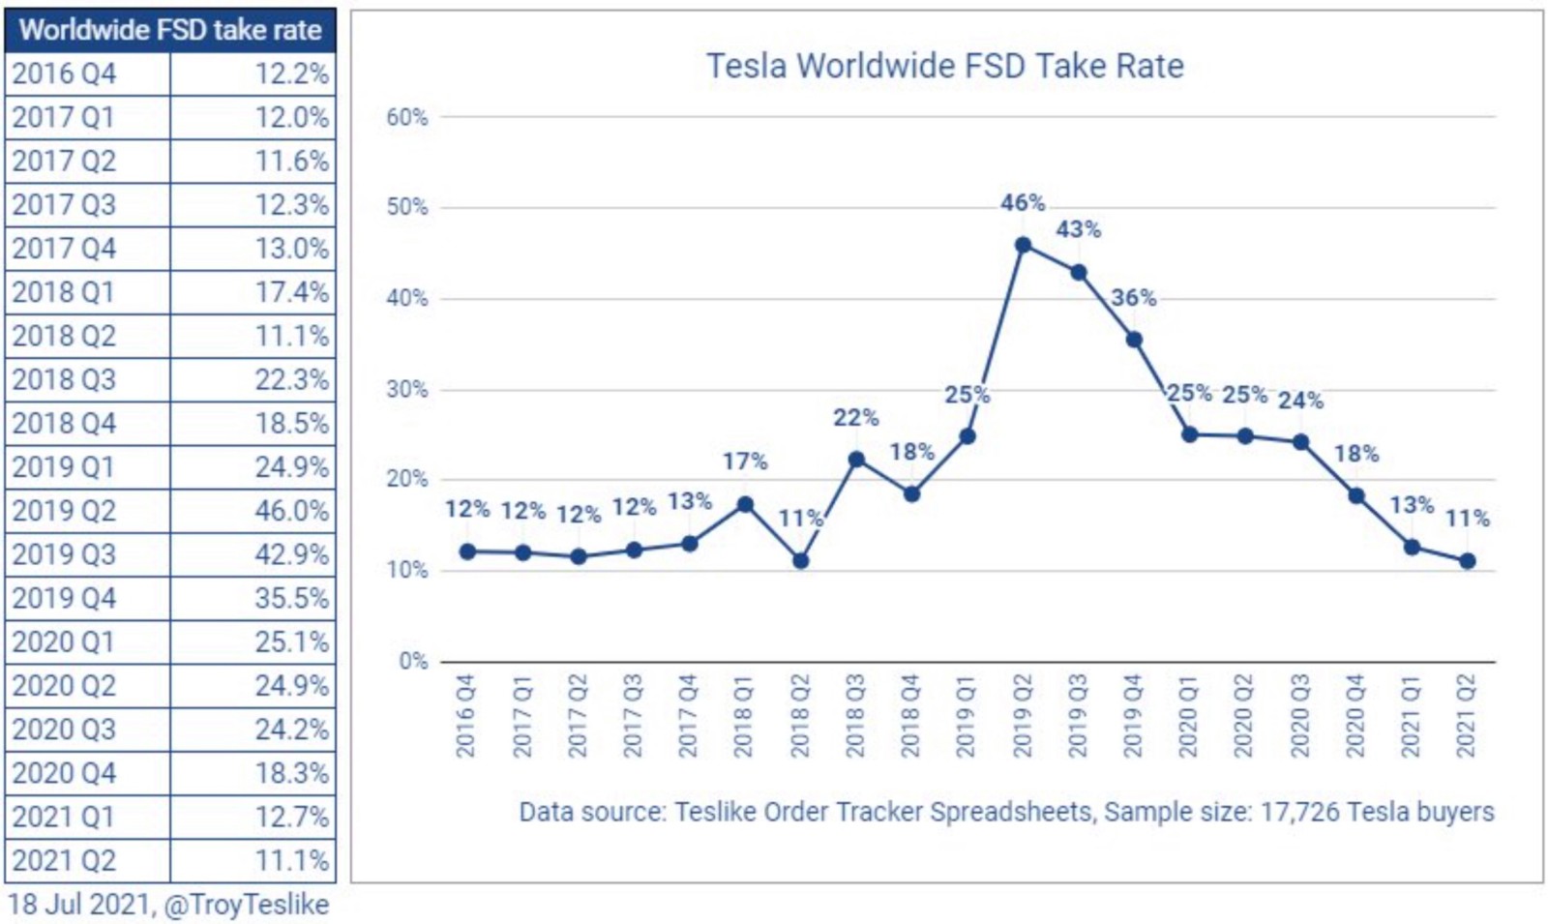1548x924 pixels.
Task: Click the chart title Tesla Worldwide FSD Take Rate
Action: click(944, 66)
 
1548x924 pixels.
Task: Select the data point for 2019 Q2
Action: click(1023, 245)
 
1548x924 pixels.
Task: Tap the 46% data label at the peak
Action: click(1023, 203)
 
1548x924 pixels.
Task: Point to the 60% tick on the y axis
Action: click(407, 117)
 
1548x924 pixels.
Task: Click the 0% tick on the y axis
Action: click(413, 662)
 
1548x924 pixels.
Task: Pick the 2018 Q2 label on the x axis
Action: click(800, 716)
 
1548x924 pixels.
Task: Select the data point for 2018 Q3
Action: click(856, 460)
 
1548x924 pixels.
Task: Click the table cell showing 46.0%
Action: click(291, 510)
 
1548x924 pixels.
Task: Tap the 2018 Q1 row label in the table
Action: click(64, 292)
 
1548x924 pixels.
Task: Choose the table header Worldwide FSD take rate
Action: click(170, 30)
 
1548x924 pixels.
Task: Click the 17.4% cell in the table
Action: click(291, 292)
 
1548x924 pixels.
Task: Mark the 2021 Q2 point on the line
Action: click(1467, 561)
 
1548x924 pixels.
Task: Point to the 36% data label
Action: click(1133, 298)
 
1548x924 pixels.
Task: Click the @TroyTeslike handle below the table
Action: click(247, 905)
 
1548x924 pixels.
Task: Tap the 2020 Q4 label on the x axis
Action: click(1355, 716)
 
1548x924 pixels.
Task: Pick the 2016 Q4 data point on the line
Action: click(467, 551)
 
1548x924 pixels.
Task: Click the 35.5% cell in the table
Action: click(291, 598)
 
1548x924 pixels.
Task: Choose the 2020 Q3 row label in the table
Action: click(64, 729)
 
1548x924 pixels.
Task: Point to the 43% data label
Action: click(1078, 230)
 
